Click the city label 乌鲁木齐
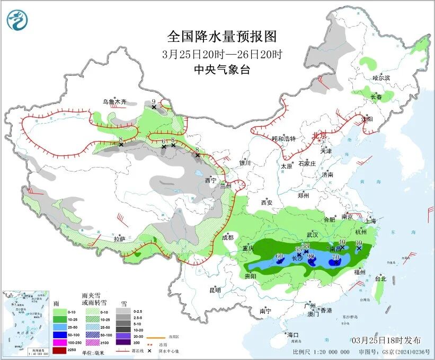coord(114,101)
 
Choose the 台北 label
coord(380,278)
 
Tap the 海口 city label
coord(293,335)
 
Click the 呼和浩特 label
coord(283,139)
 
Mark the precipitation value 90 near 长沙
coord(311,257)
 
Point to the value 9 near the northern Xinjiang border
coord(154,101)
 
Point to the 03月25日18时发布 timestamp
coord(386,340)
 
